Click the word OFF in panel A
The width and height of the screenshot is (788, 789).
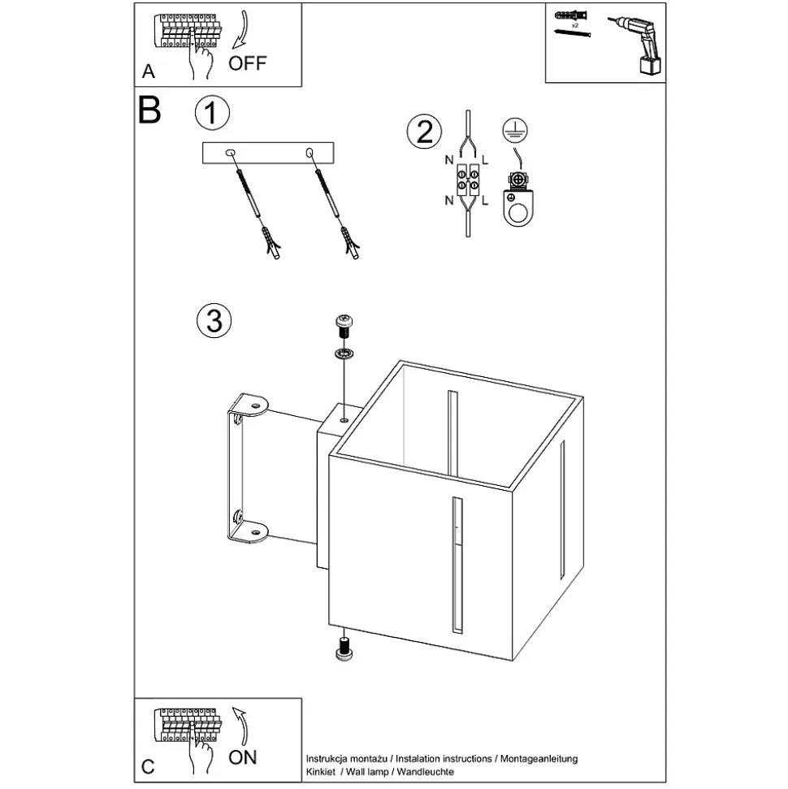247,63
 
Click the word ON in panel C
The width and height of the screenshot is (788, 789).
242,757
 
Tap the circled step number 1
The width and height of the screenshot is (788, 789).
212,114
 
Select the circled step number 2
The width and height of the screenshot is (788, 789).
424,131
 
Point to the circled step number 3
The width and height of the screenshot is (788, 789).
214,320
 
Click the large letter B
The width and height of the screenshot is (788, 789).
149,110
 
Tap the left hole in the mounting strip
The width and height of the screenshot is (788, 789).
231,153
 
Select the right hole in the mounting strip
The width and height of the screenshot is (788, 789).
310,153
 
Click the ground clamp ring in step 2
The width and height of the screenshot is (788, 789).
515,211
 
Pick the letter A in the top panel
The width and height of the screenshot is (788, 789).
149,72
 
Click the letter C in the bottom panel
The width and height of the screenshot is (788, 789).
148,765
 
